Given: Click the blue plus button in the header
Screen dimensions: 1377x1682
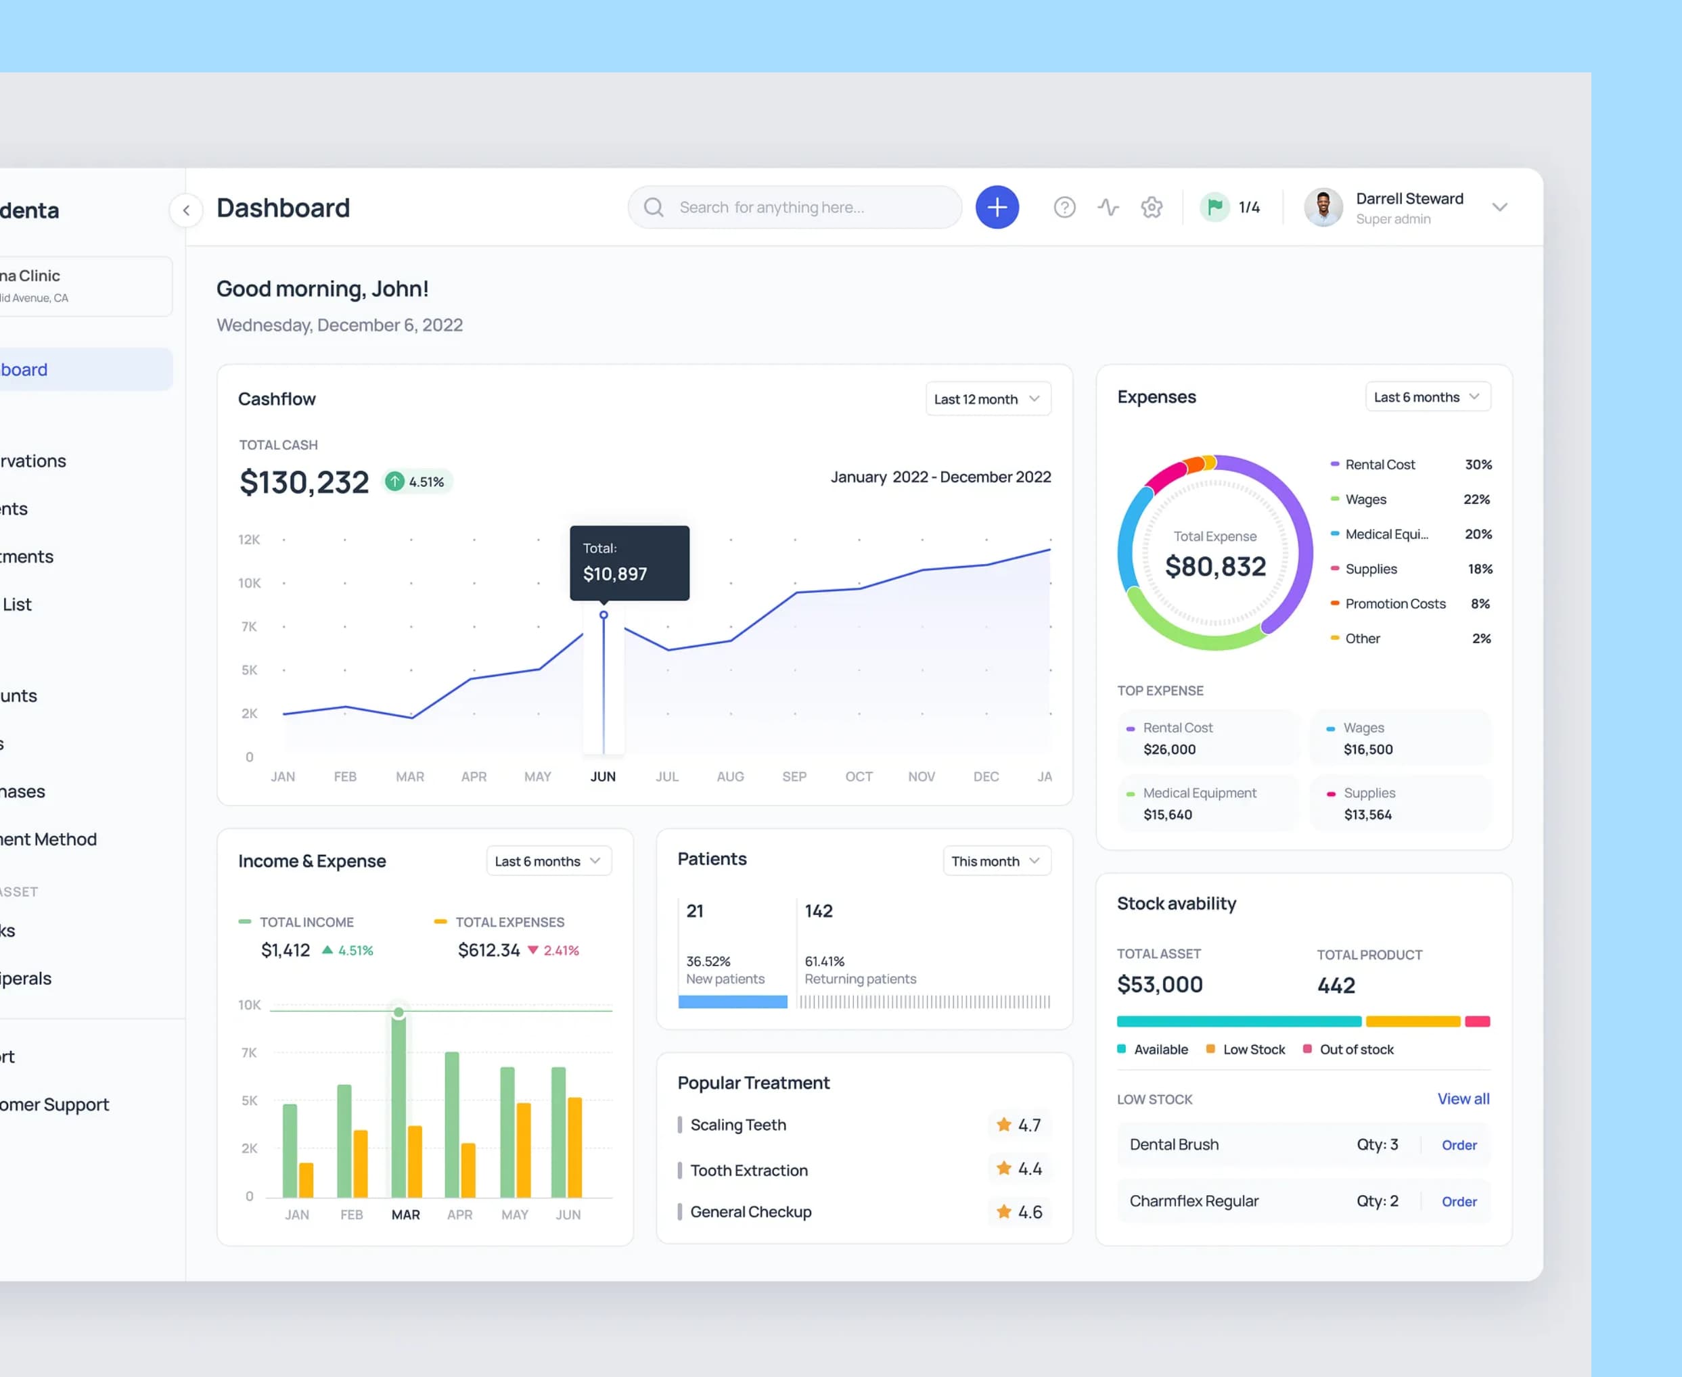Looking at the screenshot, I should [x=997, y=207].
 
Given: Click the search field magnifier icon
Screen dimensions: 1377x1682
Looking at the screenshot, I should [x=654, y=207].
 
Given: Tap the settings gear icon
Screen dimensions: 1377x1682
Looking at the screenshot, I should [x=1152, y=207].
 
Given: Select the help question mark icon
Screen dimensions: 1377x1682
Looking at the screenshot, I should [x=1064, y=207].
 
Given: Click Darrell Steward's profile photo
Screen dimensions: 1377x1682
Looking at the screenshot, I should [x=1323, y=208].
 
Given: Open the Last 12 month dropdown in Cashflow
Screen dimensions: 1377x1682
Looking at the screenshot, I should [x=987, y=399].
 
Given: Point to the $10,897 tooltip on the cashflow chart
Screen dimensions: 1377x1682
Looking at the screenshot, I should [x=629, y=563].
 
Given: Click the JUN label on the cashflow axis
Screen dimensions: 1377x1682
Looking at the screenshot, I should [x=603, y=776].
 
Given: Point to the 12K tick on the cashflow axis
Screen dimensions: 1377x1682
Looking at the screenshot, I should [x=249, y=540].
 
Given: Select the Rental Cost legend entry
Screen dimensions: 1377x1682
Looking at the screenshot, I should [x=1379, y=465].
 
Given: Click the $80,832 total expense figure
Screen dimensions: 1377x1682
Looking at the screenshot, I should [x=1214, y=566].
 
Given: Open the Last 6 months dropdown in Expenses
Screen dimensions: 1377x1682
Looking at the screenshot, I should [x=1426, y=396].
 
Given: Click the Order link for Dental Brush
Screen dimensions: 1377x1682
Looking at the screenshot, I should [x=1458, y=1144].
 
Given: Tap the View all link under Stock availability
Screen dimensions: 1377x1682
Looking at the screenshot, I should [x=1463, y=1098].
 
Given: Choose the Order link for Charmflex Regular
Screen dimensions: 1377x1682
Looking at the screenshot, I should [x=1458, y=1202].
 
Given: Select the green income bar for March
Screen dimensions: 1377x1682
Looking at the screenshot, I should [x=399, y=1106].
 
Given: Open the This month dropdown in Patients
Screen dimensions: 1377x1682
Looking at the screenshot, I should [x=996, y=860].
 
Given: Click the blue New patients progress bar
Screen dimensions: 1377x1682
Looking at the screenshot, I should [x=732, y=1002].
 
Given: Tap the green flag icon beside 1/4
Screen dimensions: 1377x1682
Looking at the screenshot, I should [x=1214, y=207].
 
